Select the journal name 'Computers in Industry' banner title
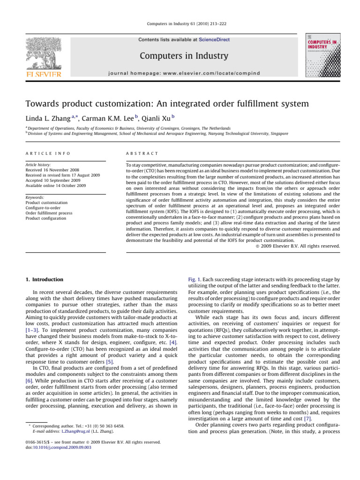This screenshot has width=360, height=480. [x=186, y=56]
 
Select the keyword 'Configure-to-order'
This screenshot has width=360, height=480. [x=45, y=208]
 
